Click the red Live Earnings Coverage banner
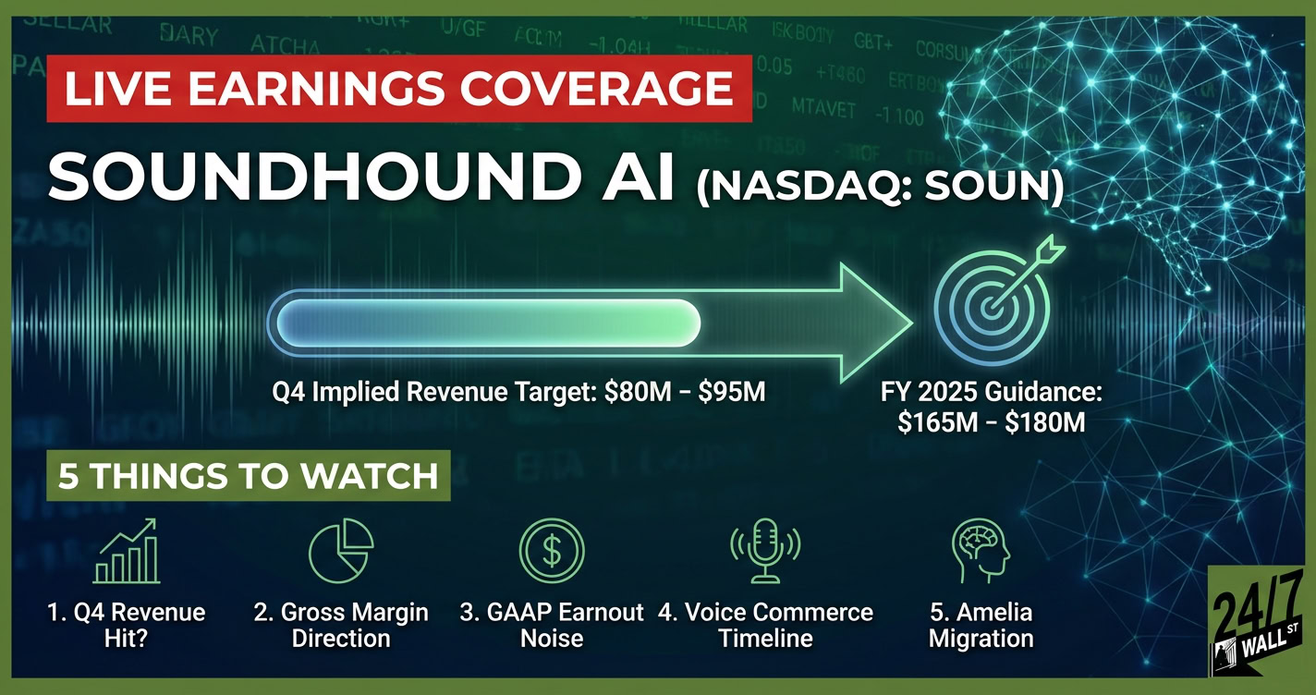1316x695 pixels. click(x=398, y=90)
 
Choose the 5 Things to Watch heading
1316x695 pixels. click(x=248, y=475)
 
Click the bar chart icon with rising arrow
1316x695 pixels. click(x=128, y=552)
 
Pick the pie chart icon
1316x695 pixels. click(x=340, y=552)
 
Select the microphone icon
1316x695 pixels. click(x=764, y=552)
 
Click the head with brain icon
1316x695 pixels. click(x=981, y=552)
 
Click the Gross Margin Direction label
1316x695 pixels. click(x=341, y=625)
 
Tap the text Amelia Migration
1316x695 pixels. click(x=981, y=625)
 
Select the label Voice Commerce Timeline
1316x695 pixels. click(x=765, y=625)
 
